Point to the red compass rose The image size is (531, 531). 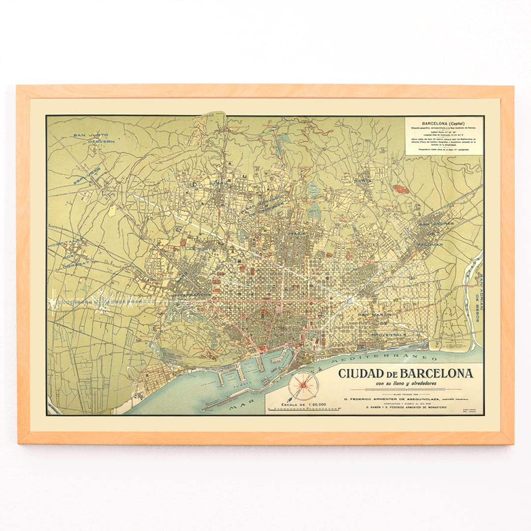302,384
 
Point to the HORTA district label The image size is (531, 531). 364,181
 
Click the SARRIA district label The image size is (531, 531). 219,183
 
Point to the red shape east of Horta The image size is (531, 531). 402,188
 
